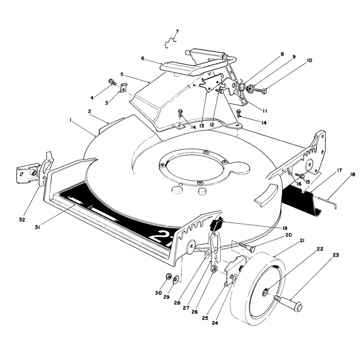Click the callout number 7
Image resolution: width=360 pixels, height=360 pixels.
(177, 32)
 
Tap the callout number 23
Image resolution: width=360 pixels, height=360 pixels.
(336, 255)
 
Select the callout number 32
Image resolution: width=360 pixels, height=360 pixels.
(22, 220)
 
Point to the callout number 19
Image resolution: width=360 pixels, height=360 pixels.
(284, 228)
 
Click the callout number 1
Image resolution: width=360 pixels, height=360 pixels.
(71, 120)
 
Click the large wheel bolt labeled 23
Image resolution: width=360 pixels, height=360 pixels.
(288, 303)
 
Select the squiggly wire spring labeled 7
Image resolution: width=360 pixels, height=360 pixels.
(171, 43)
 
